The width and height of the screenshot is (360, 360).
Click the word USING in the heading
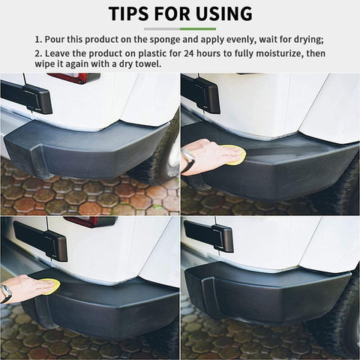point(222,13)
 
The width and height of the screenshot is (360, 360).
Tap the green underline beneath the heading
point(180,28)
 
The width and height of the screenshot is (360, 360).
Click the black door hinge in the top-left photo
point(28,96)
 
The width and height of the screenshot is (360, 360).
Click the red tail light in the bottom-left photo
point(89,221)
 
